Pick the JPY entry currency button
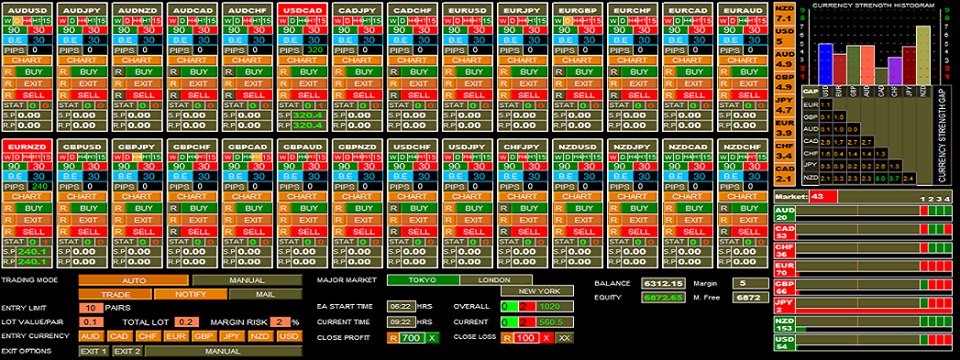click(x=231, y=336)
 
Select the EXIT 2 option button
click(x=126, y=351)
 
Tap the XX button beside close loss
click(x=565, y=338)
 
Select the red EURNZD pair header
click(x=26, y=148)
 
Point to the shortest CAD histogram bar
click(x=881, y=75)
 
